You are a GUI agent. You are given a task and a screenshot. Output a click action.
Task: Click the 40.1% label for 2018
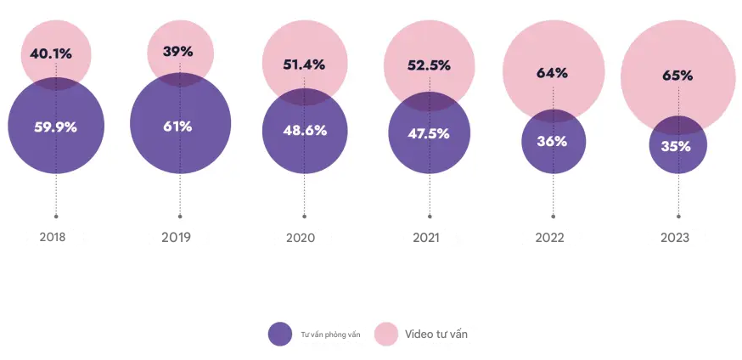pos(51,53)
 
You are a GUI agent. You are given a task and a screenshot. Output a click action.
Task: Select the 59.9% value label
pos(56,127)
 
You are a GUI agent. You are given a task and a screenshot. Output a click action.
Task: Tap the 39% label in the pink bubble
pos(178,51)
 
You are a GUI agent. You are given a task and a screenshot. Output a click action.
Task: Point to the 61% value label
pos(178,127)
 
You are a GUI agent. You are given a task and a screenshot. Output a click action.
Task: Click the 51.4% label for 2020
pos(305,63)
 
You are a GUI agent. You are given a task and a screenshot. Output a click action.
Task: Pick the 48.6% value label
pos(305,131)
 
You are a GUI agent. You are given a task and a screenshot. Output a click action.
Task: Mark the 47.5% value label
pos(429,133)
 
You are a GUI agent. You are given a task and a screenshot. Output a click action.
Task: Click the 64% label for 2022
pos(552,72)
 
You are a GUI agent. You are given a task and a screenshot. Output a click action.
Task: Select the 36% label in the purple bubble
pos(552,141)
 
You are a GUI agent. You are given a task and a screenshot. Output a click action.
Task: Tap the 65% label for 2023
pos(677,76)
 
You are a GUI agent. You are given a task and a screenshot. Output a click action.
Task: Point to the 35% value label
pos(677,145)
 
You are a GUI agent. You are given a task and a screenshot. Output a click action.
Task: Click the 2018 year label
pos(53,238)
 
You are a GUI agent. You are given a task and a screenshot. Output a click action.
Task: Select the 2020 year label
pos(301,238)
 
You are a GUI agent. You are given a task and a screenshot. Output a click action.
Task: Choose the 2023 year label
pos(675,238)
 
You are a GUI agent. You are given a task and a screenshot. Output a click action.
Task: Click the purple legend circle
pos(280,335)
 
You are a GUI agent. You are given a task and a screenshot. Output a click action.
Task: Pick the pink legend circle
pos(387,335)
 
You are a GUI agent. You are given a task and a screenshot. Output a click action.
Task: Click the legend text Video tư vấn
pos(436,335)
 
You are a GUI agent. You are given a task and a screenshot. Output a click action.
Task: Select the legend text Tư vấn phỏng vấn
pos(330,335)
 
